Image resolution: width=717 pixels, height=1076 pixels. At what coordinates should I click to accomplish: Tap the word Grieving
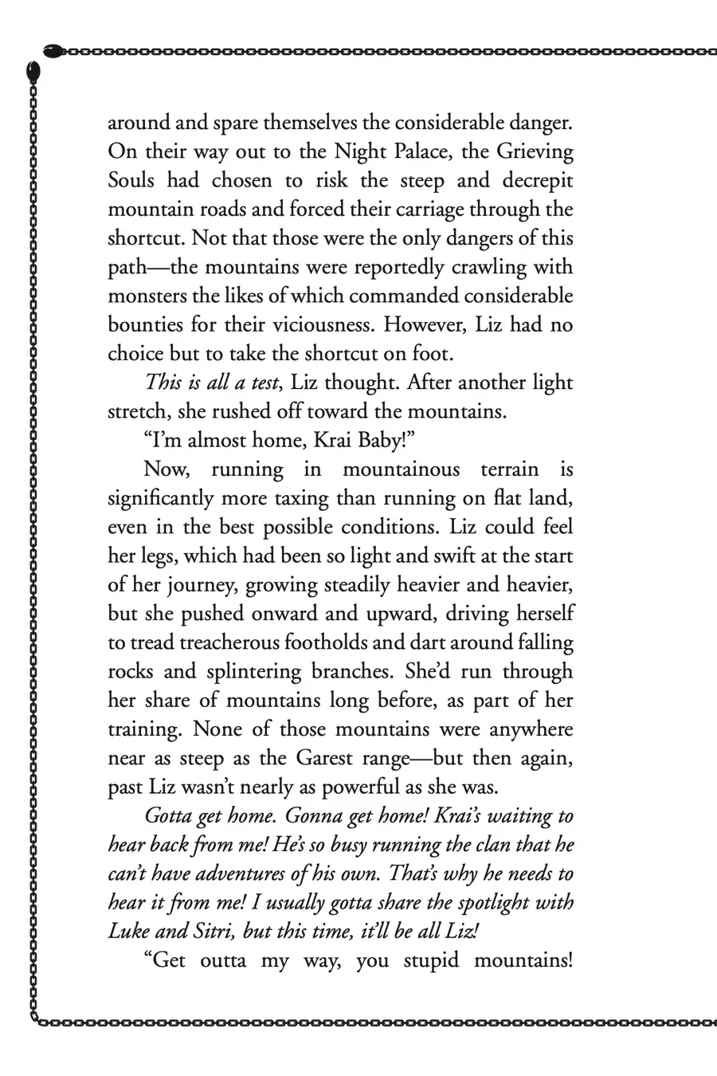[x=531, y=152]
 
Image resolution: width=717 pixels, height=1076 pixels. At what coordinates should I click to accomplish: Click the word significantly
[x=159, y=498]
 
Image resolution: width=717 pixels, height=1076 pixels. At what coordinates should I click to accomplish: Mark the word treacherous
[x=211, y=642]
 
